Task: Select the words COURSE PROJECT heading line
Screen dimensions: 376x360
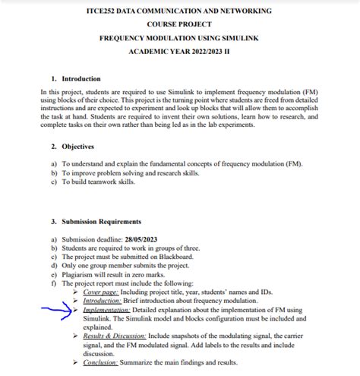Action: tap(179, 24)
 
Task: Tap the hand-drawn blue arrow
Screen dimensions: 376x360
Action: tap(60, 309)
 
